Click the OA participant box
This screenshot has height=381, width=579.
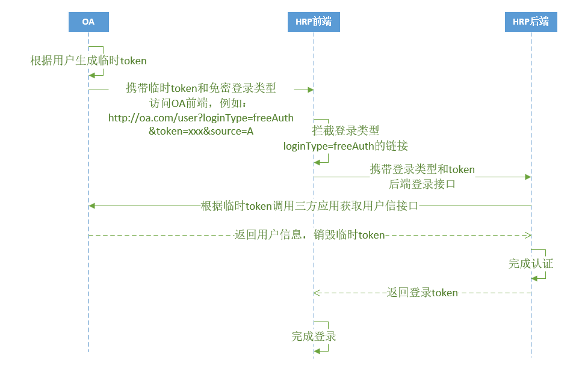pos(88,22)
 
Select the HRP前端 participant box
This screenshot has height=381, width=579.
pos(314,22)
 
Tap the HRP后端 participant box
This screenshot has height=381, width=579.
pos(531,22)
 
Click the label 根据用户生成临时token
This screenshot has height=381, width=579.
pos(88,61)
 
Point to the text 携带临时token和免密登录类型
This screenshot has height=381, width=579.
pos(201,88)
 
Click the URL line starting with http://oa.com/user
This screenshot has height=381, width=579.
pos(201,118)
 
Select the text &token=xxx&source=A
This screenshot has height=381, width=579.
pos(201,131)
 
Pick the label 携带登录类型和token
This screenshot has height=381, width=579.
pos(422,169)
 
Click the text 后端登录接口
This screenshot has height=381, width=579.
pos(422,184)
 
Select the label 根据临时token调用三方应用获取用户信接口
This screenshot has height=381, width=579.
pos(309,206)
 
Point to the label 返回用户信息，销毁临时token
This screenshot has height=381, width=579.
pos(309,235)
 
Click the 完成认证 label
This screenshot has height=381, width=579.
pos(530,263)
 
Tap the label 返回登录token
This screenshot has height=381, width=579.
pos(422,293)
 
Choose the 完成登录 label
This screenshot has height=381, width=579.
pos(314,337)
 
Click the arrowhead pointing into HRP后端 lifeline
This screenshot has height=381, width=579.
pos(527,177)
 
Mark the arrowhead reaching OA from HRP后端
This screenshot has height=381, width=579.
pos(92,206)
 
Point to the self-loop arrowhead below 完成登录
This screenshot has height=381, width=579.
pos(317,351)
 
